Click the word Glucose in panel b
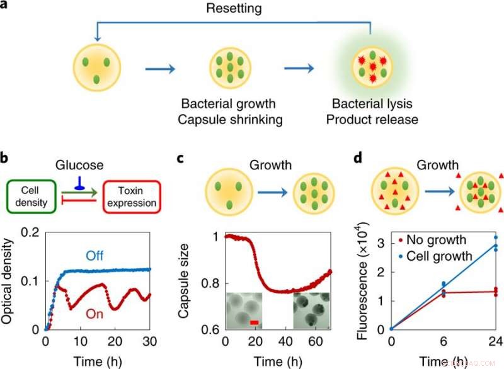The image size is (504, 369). [x=79, y=164]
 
